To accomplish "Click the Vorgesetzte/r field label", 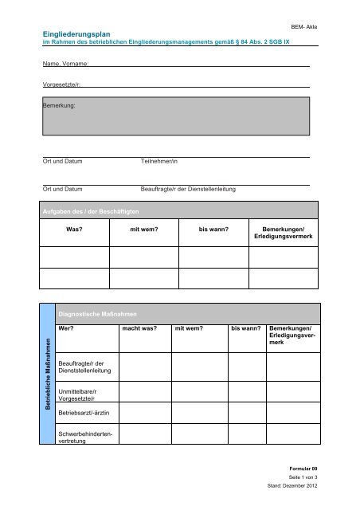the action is pyautogui.click(x=62, y=83).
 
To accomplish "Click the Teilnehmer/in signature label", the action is pyautogui.click(x=159, y=162).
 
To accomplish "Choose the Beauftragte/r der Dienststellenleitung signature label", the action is pyautogui.click(x=187, y=190).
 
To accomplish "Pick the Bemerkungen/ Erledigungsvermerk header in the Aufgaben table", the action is pyautogui.click(x=283, y=233).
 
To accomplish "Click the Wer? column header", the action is pyautogui.click(x=67, y=328).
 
